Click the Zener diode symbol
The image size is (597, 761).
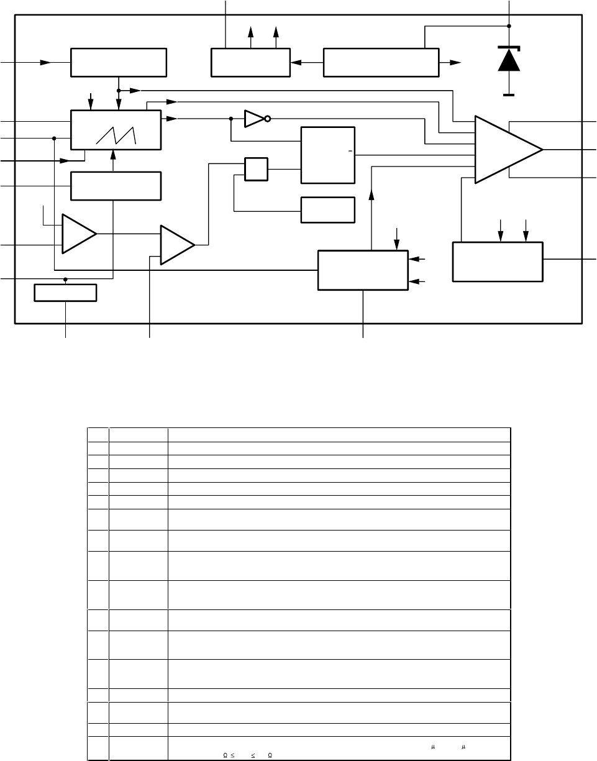tap(509, 60)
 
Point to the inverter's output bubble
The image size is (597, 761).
tap(268, 118)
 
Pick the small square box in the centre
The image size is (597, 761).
tap(257, 170)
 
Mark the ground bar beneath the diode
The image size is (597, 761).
tap(509, 94)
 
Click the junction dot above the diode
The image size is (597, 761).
tap(509, 26)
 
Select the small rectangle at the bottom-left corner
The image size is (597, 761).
tap(65, 293)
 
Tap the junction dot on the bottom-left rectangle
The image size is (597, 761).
tap(65, 280)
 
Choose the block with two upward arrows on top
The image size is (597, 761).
tap(250, 62)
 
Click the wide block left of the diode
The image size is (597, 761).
tap(381, 62)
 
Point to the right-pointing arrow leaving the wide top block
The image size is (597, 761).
tap(455, 62)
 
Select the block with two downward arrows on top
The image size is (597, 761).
tap(498, 262)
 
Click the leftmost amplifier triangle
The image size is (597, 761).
tap(78, 234)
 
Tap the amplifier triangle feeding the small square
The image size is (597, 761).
tap(177, 245)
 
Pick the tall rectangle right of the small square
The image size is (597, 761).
tap(327, 155)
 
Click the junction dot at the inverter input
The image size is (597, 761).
tap(231, 118)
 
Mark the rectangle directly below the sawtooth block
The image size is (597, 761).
tap(116, 186)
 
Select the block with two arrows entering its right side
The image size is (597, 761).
tap(363, 270)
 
